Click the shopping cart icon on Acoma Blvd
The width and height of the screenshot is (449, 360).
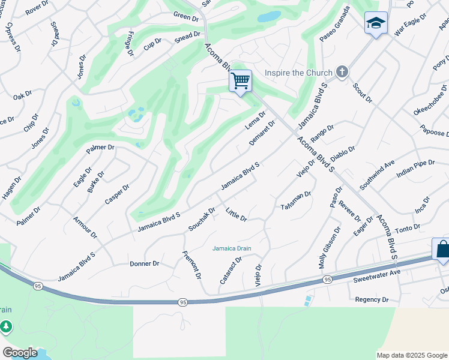pos(240,80)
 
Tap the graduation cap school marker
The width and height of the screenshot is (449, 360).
pos(376,23)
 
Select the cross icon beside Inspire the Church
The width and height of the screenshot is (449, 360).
pos(342,73)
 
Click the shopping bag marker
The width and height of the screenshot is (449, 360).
pos(442,250)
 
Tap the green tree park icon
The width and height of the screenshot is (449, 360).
pos(5,327)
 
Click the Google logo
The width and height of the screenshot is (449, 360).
pos(20,353)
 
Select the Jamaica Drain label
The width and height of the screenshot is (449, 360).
pos(232,248)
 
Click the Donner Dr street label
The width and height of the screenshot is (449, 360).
pos(144,263)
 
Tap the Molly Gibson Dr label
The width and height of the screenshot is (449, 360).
pos(329,247)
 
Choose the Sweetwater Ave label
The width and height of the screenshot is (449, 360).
pos(376,272)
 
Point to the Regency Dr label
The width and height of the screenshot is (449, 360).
pos(372,299)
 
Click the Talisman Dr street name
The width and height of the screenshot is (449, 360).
pos(296,201)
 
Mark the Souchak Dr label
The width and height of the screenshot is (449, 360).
pos(202,220)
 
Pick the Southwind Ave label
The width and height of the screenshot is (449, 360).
pos(377,173)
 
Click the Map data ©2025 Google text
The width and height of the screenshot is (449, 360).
pos(412,355)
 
